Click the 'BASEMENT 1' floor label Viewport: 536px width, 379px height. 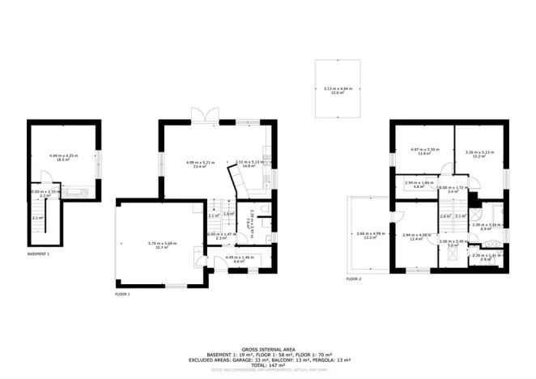pyautogui.click(x=38, y=253)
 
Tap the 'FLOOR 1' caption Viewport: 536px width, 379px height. pyautogui.click(x=122, y=294)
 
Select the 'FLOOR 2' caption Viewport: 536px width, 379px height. pyautogui.click(x=354, y=279)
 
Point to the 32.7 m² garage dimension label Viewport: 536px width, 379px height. pyautogui.click(x=163, y=246)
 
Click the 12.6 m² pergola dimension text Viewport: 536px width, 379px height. pyautogui.click(x=333, y=92)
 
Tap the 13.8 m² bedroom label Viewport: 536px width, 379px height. pyautogui.click(x=423, y=151)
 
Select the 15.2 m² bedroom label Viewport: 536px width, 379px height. pyautogui.click(x=475, y=154)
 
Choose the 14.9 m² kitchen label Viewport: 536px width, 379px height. pyautogui.click(x=249, y=164)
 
